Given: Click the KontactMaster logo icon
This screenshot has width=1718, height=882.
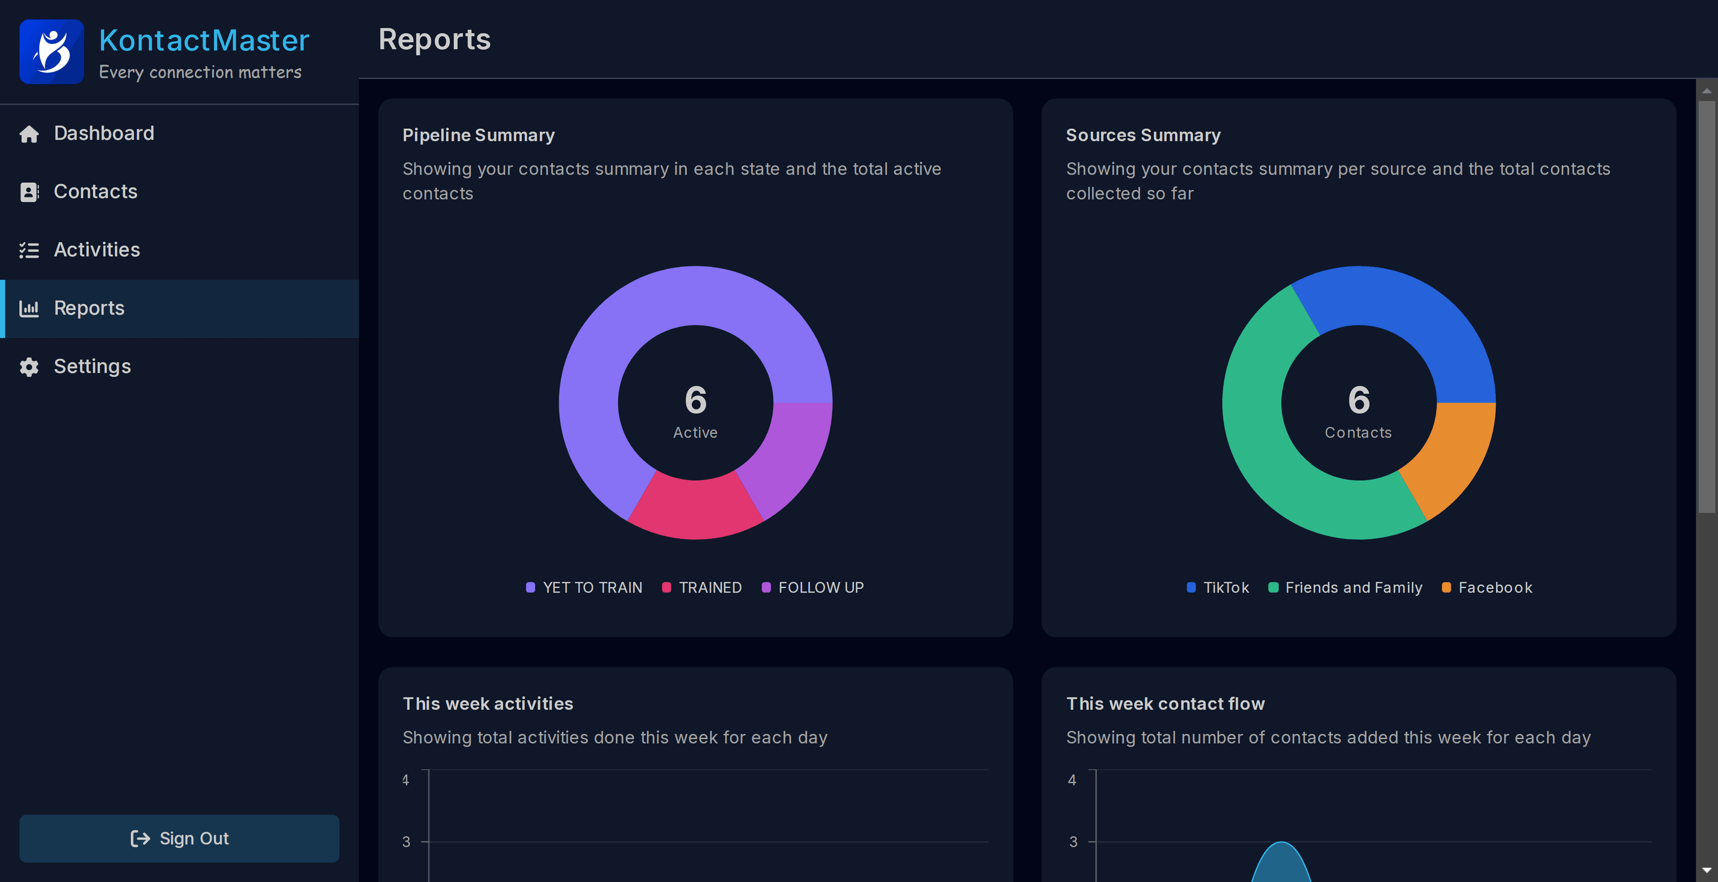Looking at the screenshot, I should pyautogui.click(x=51, y=51).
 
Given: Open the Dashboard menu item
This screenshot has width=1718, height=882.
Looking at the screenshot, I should pyautogui.click(x=103, y=133).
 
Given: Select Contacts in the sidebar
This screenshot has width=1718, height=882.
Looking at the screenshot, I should pyautogui.click(x=95, y=192).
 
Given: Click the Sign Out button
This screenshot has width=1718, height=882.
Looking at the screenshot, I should pyautogui.click(x=179, y=838).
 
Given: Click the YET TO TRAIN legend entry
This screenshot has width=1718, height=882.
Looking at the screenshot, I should pyautogui.click(x=584, y=587).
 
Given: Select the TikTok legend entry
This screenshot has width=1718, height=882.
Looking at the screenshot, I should pyautogui.click(x=1218, y=587).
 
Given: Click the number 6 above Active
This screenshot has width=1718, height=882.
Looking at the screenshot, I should pyautogui.click(x=695, y=399).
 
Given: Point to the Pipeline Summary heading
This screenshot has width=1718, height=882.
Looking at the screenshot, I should pyautogui.click(x=478, y=136).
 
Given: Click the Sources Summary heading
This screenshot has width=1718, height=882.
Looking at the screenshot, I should pyautogui.click(x=1143, y=136).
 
